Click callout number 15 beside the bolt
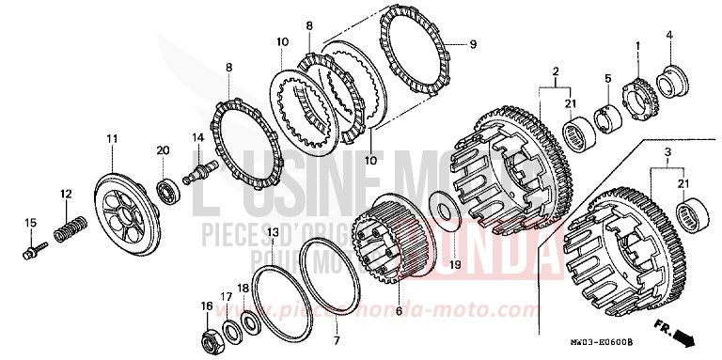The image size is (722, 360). pyautogui.click(x=29, y=223)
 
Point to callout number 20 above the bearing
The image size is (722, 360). pyautogui.click(x=162, y=149)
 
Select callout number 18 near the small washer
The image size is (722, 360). pyautogui.click(x=243, y=290)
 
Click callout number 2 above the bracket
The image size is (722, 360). pyautogui.click(x=556, y=71)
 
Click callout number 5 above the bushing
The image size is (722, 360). pyautogui.click(x=608, y=78)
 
